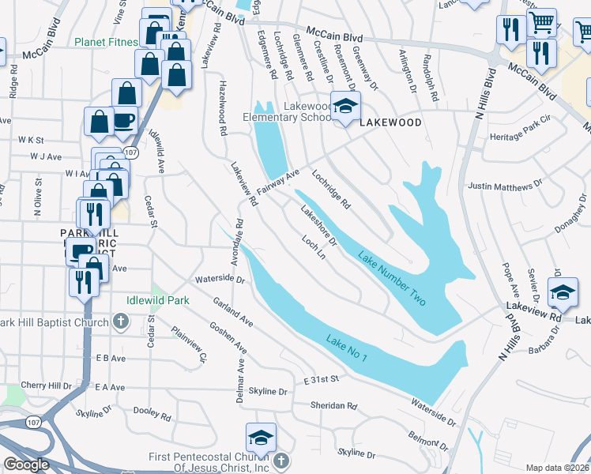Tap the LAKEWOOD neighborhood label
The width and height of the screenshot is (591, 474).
[390, 123]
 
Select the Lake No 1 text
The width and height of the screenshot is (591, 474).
[347, 348]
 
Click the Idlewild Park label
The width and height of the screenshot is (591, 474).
[157, 300]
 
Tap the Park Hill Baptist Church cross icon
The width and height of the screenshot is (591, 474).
[121, 320]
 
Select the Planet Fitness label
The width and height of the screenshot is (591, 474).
[106, 42]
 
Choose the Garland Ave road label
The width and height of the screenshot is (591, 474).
[232, 312]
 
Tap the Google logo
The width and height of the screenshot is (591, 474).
[26, 465]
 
